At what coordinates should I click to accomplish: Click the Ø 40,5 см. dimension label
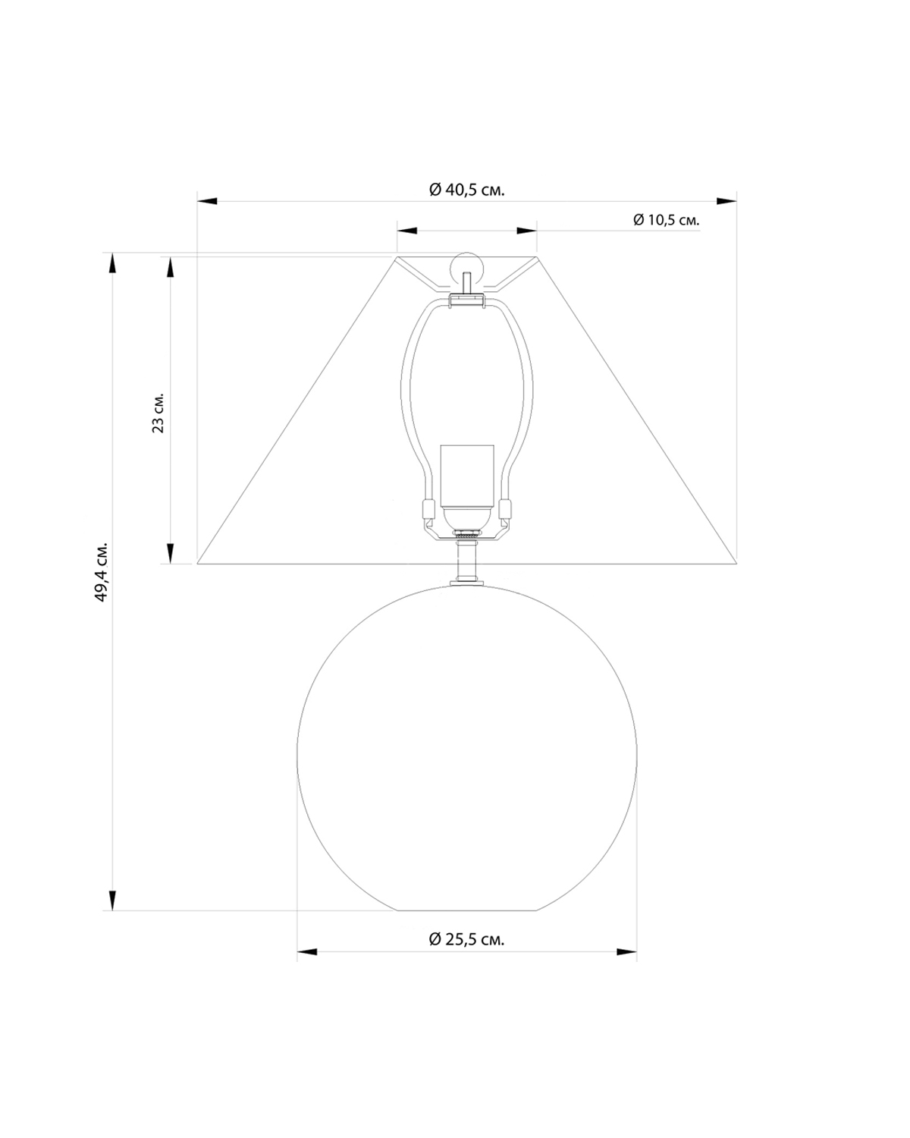pos(466,190)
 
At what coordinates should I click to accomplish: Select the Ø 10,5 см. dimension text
pos(666,220)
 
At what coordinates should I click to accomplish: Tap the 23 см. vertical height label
pos(158,413)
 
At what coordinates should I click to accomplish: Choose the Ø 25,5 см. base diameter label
pos(466,939)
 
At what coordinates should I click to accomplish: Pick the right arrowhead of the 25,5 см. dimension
pos(626,951)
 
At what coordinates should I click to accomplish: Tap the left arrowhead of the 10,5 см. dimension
pos(408,230)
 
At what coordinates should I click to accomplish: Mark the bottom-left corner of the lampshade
pos(198,564)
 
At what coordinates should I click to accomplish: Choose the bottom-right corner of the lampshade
pos(737,564)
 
